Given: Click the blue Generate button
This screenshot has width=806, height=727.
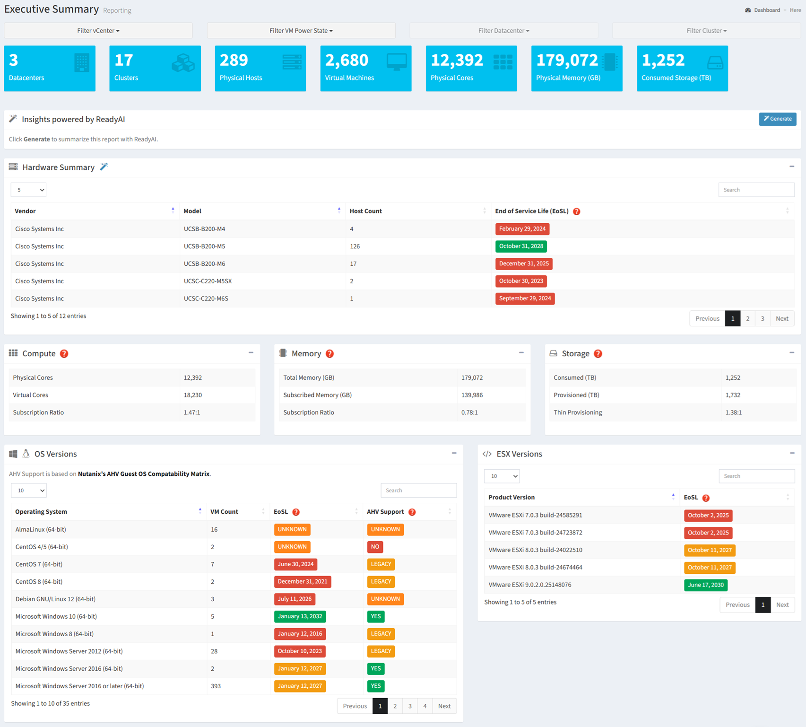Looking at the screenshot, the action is tap(777, 119).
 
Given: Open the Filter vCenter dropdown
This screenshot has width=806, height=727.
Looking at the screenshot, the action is tap(98, 31).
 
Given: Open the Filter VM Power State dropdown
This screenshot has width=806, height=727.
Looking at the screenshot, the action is tap(301, 31).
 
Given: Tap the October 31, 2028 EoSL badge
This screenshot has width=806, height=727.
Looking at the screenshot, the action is tap(521, 246).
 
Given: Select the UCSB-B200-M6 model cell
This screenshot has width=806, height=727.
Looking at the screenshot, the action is tap(204, 263).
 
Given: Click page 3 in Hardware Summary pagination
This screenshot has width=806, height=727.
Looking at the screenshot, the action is tap(762, 318).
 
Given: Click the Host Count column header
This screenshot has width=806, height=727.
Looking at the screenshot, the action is tap(366, 211).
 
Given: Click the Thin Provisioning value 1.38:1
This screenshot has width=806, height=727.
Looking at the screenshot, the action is tap(734, 412).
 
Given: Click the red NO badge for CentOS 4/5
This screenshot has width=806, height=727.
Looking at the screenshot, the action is tap(375, 547).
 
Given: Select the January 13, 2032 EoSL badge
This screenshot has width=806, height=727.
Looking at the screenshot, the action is tap(300, 616).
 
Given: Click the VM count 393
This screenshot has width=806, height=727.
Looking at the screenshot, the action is tap(216, 686).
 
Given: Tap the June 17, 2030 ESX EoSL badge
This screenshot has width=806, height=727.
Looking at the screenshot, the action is tap(705, 585).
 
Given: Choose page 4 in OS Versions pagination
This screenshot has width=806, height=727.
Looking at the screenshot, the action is tap(425, 706).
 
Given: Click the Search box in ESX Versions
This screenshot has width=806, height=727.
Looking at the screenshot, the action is tap(756, 476).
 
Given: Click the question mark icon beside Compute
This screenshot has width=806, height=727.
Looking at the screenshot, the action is tap(64, 354).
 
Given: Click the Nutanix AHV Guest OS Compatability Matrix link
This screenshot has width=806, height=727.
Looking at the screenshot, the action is tap(144, 473).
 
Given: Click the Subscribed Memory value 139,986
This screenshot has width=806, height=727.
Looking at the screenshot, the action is tap(472, 395).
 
